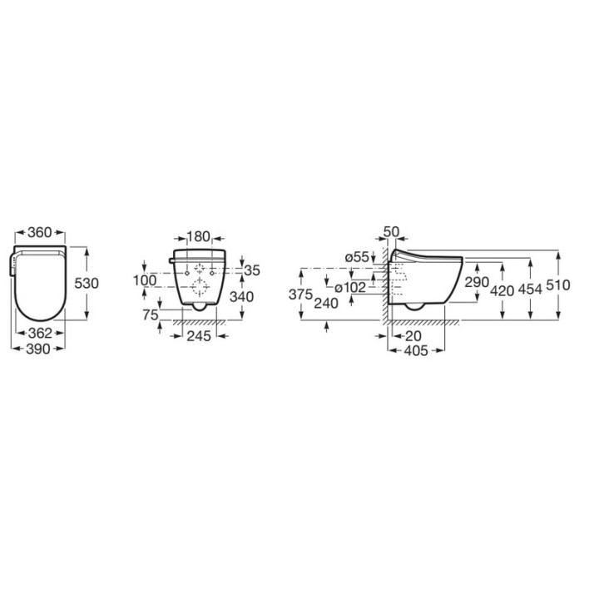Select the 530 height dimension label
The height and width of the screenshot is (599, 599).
[x=87, y=283]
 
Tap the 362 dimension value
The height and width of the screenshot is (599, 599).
[x=40, y=333]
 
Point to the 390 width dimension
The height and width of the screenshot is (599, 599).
[x=40, y=349]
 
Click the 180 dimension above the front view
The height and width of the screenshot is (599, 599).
[x=197, y=236]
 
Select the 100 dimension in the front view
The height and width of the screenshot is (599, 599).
[x=145, y=280]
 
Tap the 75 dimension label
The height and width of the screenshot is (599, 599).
[x=150, y=314]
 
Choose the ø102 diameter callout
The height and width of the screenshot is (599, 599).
[x=351, y=288]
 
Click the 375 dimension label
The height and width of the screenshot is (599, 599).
[x=300, y=295]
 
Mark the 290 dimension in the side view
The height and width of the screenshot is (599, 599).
[x=478, y=284]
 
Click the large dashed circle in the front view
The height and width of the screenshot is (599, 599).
[x=200, y=288]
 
